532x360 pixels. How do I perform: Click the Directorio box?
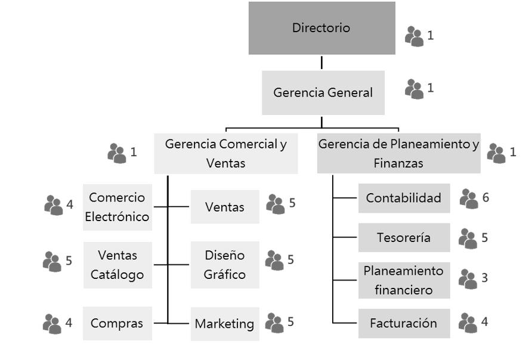click(321, 28)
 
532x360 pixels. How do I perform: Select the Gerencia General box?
click(323, 93)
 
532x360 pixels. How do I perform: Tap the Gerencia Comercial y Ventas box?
click(225, 154)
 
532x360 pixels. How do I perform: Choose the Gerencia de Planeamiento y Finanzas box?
click(398, 153)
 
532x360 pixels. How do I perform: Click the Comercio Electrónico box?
click(117, 207)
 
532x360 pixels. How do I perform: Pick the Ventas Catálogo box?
click(117, 265)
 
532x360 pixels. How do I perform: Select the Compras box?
click(117, 324)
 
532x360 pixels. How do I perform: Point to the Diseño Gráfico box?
click(225, 265)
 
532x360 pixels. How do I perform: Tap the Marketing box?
click(225, 324)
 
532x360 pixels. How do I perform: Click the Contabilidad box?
click(404, 198)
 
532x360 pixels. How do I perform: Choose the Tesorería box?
click(404, 238)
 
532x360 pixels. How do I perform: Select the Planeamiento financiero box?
click(404, 280)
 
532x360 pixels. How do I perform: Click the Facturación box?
click(404, 324)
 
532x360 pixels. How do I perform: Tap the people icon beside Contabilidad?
click(469, 199)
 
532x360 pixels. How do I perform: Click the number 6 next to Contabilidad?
click(486, 197)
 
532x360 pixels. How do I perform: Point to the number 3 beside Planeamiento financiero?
click(485, 277)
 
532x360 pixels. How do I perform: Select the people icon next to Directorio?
click(414, 36)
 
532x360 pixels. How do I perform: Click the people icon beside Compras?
click(52, 324)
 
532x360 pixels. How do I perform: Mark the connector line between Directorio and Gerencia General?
click(321, 63)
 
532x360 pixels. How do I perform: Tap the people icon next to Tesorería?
click(468, 239)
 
